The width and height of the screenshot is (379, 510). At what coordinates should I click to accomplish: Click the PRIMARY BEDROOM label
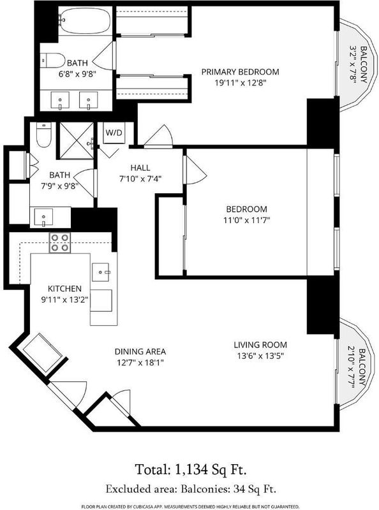pyautogui.click(x=241, y=71)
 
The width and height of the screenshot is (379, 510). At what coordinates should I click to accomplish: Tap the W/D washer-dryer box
pyautogui.click(x=114, y=133)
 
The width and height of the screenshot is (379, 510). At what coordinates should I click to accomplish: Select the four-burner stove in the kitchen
pyautogui.click(x=60, y=243)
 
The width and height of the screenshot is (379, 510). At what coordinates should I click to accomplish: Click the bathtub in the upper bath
pyautogui.click(x=86, y=20)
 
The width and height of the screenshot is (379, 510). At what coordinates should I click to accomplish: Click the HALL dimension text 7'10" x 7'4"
pyautogui.click(x=140, y=178)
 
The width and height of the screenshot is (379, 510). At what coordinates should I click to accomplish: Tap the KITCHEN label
pyautogui.click(x=65, y=289)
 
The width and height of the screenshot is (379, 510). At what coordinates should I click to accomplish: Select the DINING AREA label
pyautogui.click(x=140, y=351)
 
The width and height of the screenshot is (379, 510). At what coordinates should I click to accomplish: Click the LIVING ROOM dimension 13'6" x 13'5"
pyautogui.click(x=260, y=356)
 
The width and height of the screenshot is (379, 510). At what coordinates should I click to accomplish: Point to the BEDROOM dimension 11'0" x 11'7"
pyautogui.click(x=247, y=220)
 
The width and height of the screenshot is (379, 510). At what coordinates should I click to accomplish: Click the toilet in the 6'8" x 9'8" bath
pyautogui.click(x=53, y=61)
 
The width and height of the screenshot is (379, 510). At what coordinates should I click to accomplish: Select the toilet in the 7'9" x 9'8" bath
pyautogui.click(x=43, y=135)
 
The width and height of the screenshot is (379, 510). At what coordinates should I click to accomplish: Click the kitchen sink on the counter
pyautogui.click(x=100, y=272)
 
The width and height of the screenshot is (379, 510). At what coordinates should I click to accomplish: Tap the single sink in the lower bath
pyautogui.click(x=43, y=217)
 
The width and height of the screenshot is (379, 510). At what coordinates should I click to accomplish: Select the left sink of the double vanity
pyautogui.click(x=60, y=101)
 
